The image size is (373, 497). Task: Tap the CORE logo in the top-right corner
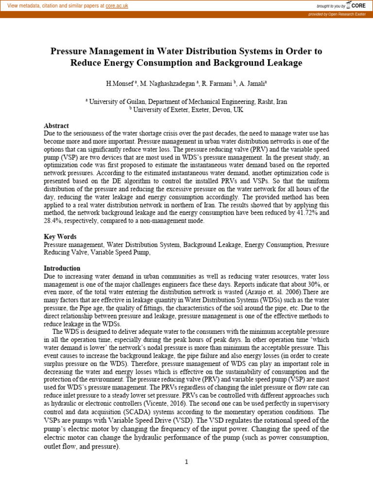356,5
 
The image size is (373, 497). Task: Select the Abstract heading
56,126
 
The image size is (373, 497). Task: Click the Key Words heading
60,237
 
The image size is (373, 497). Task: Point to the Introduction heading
62,268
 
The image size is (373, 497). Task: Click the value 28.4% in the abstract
52,220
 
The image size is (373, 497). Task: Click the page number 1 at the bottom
186,462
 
